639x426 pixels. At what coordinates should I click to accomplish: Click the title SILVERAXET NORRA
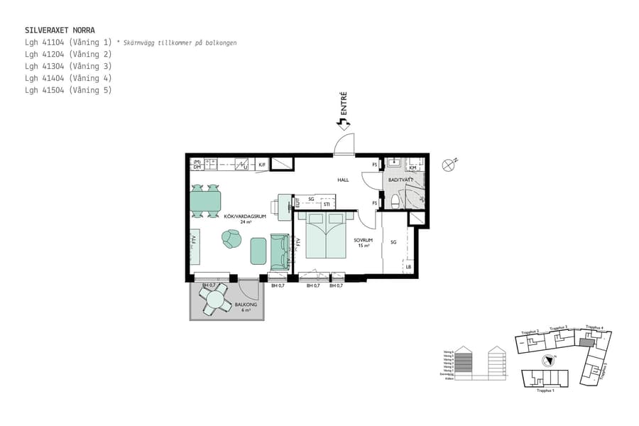(x=60, y=31)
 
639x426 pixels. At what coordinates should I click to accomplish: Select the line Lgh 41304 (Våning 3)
(x=68, y=66)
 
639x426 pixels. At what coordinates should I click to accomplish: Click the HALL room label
(x=343, y=180)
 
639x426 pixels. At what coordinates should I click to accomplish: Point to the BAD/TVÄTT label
(x=402, y=180)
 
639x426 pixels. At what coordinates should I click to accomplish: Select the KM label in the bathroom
(x=413, y=168)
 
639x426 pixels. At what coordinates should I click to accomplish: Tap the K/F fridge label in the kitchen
(x=262, y=165)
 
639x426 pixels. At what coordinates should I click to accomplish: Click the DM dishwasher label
(x=196, y=168)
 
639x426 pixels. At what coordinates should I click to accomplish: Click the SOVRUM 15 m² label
(x=364, y=243)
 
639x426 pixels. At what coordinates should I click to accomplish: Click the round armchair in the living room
(x=231, y=240)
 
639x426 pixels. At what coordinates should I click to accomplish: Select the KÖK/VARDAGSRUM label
(x=245, y=219)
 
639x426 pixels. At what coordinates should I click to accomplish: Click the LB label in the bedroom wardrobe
(x=408, y=267)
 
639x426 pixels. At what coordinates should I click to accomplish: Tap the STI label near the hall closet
(x=326, y=204)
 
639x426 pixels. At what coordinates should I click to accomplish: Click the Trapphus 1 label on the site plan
(x=545, y=390)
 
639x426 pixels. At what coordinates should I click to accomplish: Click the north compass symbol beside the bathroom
(x=448, y=165)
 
